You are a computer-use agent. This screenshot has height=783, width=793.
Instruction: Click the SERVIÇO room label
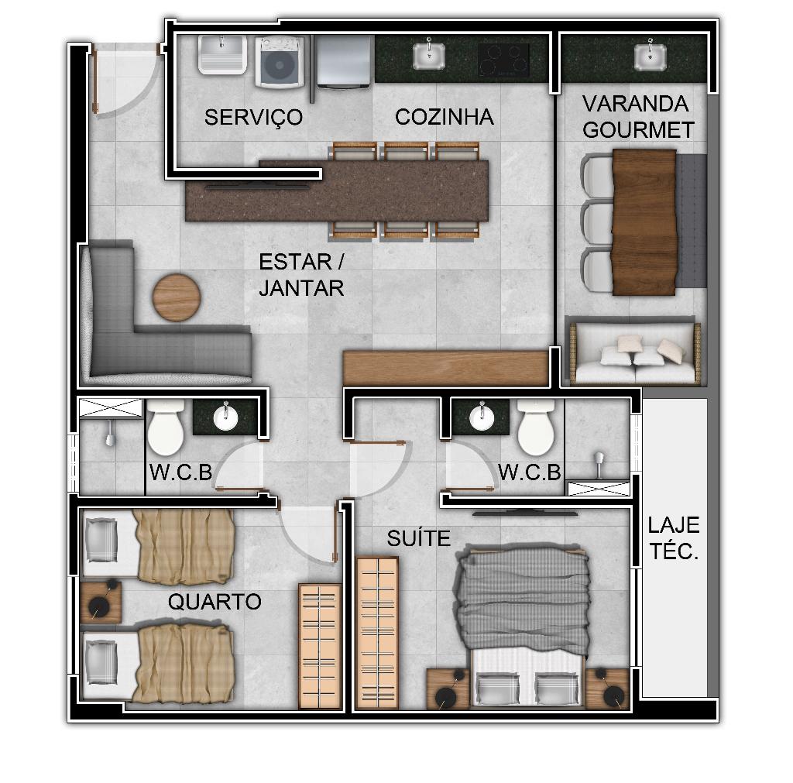tap(253, 118)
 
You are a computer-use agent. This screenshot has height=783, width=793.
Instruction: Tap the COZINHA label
tap(444, 117)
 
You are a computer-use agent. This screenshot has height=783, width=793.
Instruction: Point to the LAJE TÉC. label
tap(674, 538)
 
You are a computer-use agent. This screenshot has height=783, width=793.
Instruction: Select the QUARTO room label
tap(215, 602)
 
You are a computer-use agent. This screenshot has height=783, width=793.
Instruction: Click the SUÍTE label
tap(418, 537)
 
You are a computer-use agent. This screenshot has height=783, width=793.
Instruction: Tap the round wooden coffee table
tap(177, 297)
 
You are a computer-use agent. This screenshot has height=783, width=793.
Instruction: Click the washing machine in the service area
tap(279, 62)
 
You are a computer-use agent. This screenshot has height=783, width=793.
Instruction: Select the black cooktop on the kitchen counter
tap(503, 60)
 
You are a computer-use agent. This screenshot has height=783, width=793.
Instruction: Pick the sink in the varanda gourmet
tap(650, 56)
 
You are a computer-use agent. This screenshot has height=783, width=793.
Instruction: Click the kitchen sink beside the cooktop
tap(429, 55)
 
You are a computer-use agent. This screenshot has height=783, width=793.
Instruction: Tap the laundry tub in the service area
tap(222, 55)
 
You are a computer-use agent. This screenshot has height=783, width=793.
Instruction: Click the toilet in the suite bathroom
tap(536, 427)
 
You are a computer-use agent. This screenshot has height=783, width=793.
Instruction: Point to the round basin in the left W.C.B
tap(225, 417)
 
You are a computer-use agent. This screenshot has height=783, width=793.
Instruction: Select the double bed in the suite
tap(524, 625)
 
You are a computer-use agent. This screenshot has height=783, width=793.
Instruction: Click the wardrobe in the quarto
tap(320, 646)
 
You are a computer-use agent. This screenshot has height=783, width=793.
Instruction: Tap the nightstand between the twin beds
tap(101, 602)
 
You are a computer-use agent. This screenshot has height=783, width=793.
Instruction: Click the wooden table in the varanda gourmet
tap(644, 222)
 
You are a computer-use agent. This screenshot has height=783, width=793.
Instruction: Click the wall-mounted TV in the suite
tap(526, 513)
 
